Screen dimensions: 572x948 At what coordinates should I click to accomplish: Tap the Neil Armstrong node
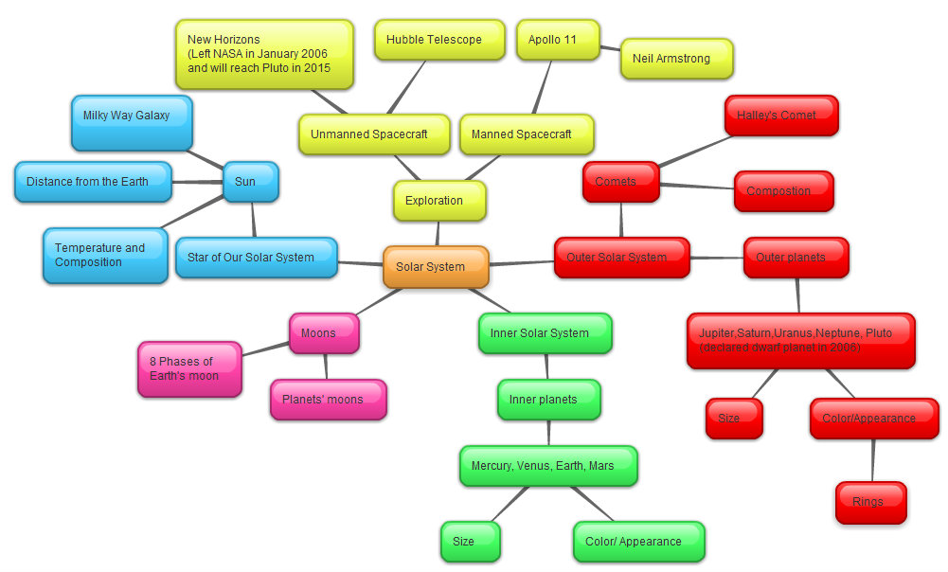click(676, 59)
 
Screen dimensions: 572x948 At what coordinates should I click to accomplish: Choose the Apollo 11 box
click(558, 40)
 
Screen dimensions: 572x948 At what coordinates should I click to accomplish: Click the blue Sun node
click(251, 181)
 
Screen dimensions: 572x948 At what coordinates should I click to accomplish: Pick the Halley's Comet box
click(782, 116)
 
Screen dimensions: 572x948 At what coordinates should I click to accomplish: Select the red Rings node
click(870, 502)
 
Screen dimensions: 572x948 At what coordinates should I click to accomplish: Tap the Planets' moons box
click(328, 400)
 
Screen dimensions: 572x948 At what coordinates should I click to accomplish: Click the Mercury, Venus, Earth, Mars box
click(548, 466)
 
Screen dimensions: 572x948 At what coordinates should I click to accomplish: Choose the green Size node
click(470, 542)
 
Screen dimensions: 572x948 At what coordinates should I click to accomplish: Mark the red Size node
click(734, 419)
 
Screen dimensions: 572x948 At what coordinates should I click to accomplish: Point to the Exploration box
click(439, 201)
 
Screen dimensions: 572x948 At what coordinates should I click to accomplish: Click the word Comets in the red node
click(616, 181)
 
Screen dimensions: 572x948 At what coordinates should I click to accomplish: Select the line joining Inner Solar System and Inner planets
click(547, 366)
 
